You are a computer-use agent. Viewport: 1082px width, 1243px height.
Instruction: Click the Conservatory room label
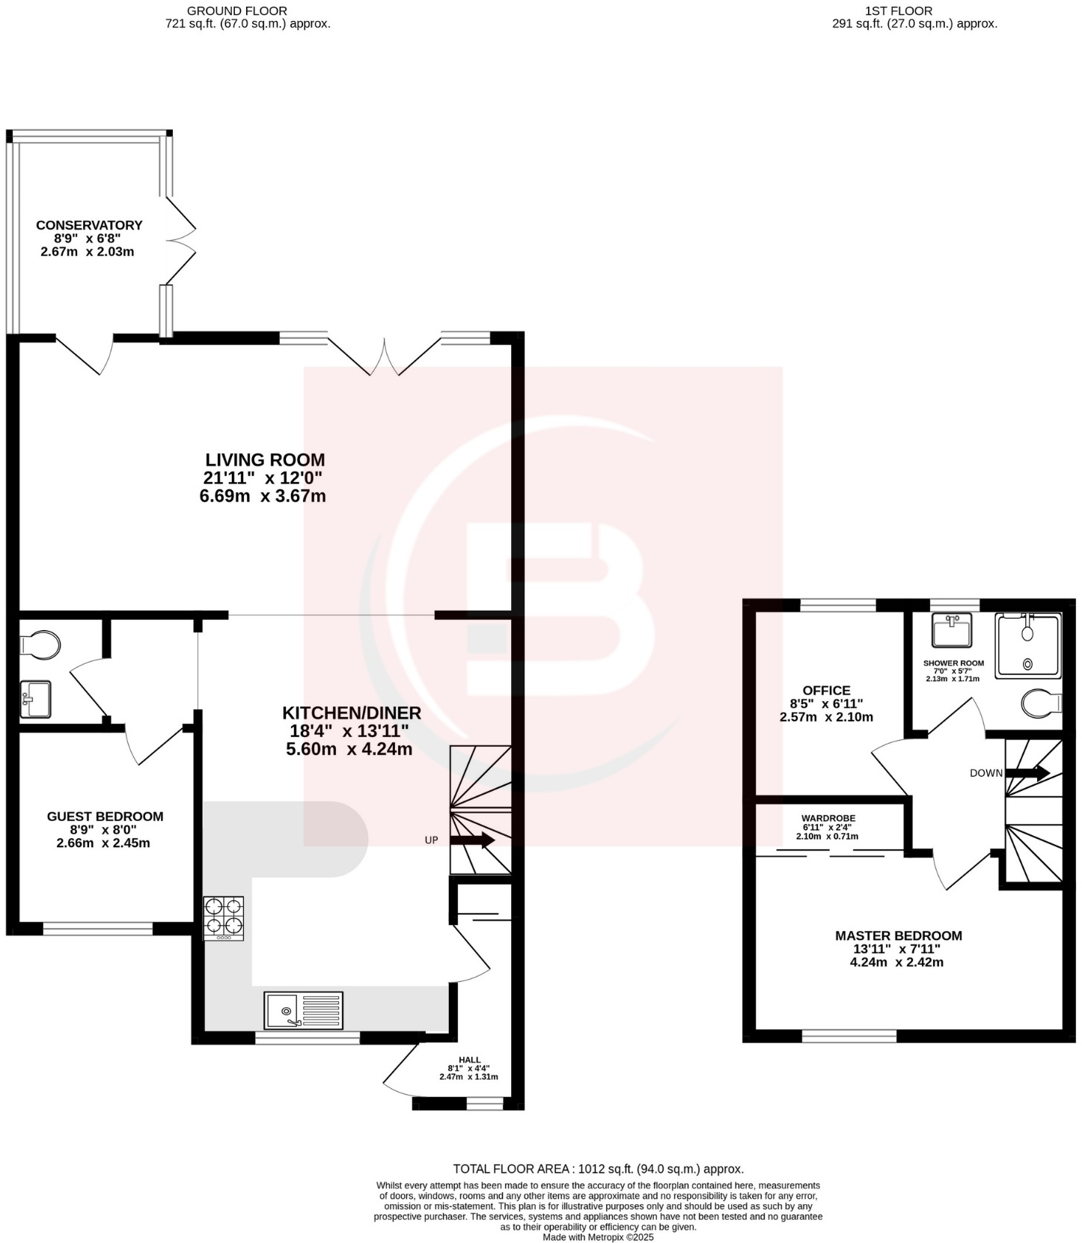click(89, 225)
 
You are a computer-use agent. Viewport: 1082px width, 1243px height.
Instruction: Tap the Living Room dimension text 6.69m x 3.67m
click(263, 496)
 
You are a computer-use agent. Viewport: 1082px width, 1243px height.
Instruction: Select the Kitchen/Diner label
click(352, 713)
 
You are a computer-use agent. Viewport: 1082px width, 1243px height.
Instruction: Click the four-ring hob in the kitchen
click(224, 917)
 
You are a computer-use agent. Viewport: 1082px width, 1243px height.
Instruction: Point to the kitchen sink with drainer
click(303, 1010)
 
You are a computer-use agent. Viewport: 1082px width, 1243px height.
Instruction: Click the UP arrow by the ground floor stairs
click(472, 840)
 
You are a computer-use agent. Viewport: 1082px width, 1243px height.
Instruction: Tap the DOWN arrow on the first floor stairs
click(1028, 773)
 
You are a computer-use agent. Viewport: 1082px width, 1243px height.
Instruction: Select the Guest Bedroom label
click(105, 816)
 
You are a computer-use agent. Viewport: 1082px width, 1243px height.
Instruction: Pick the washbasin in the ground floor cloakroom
click(34, 699)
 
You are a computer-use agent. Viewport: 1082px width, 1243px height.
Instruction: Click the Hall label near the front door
click(469, 1060)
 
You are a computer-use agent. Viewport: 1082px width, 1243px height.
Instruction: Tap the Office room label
click(826, 691)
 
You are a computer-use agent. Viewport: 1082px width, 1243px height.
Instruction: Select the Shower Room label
click(953, 663)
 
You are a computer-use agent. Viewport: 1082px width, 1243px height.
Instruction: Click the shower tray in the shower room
click(1027, 647)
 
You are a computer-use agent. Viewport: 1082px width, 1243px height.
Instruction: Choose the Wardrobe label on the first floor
click(828, 819)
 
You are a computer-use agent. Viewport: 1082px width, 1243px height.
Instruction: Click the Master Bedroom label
click(898, 935)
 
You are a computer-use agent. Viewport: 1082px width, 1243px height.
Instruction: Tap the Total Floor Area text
click(598, 1169)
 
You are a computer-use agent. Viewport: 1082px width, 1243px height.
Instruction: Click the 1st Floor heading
click(909, 11)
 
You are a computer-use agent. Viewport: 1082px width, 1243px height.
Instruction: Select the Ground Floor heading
click(236, 11)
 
